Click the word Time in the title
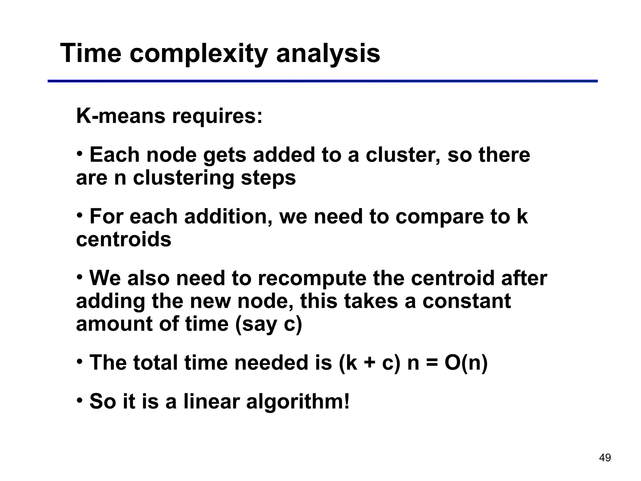pos(90,53)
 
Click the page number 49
pos(605,458)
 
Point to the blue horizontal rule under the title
pos(322,81)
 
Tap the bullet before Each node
pos(80,154)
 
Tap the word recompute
pos(312,278)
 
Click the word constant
pos(466,301)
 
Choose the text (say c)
pos(268,324)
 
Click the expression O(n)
pos(466,363)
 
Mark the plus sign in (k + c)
pos(369,363)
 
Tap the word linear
pos(211,401)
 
